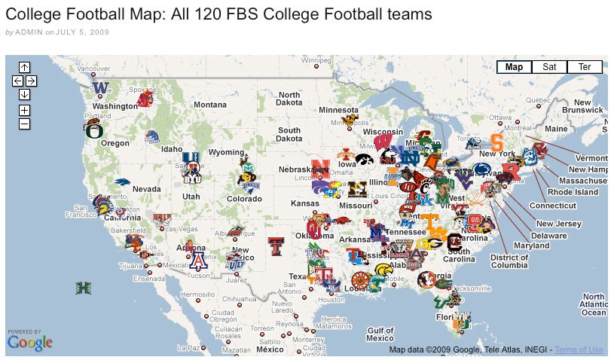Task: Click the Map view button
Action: point(514,67)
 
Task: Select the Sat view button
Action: point(549,67)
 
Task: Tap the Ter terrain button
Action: point(584,67)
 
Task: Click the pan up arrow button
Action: point(24,67)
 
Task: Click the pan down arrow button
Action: point(24,94)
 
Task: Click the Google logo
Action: point(30,343)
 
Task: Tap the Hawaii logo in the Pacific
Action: point(83,288)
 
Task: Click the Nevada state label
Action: point(147,188)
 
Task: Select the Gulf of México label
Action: point(380,334)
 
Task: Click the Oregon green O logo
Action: point(94,130)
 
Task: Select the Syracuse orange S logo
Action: point(496,141)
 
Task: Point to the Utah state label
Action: point(191,197)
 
